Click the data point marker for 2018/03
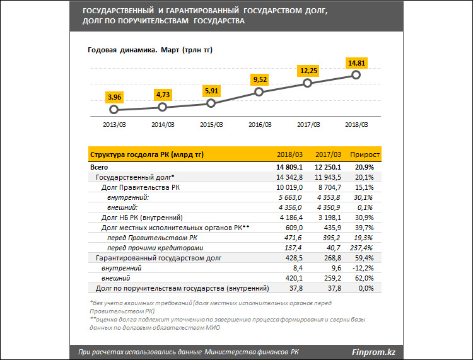pos(356,75)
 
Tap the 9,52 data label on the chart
pos(259,79)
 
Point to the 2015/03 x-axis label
pos(211,125)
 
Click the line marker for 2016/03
pos(259,92)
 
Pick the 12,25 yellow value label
pos(308,71)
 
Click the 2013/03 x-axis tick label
pos(114,125)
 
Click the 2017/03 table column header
pos(327,154)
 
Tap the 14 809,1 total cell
pos(289,167)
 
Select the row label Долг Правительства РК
pos(140,187)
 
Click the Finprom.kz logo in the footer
pos(377,351)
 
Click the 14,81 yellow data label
pos(356,62)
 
